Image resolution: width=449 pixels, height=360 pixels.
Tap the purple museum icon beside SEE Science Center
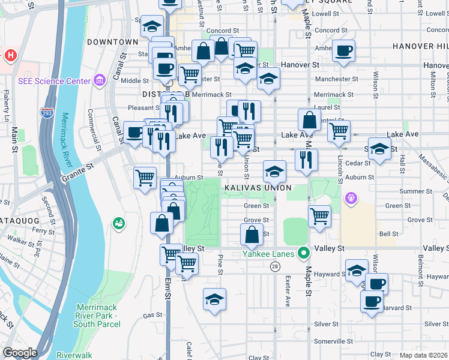click(x=100, y=80)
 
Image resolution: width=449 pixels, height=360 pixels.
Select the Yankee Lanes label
click(x=268, y=253)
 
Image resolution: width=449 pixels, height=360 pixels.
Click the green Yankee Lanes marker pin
click(x=304, y=253)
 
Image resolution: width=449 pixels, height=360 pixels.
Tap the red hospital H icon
click(x=10, y=56)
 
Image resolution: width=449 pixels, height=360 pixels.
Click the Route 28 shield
click(x=275, y=265)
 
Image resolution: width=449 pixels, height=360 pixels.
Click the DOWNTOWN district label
click(x=112, y=42)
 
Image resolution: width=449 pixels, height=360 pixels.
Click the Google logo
click(x=20, y=353)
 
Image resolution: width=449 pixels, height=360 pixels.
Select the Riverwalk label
click(x=74, y=355)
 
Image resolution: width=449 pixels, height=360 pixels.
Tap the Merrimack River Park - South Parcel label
click(x=97, y=316)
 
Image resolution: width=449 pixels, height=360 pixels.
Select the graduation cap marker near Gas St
click(x=214, y=298)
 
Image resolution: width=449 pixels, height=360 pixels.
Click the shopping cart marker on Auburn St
click(x=145, y=178)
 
